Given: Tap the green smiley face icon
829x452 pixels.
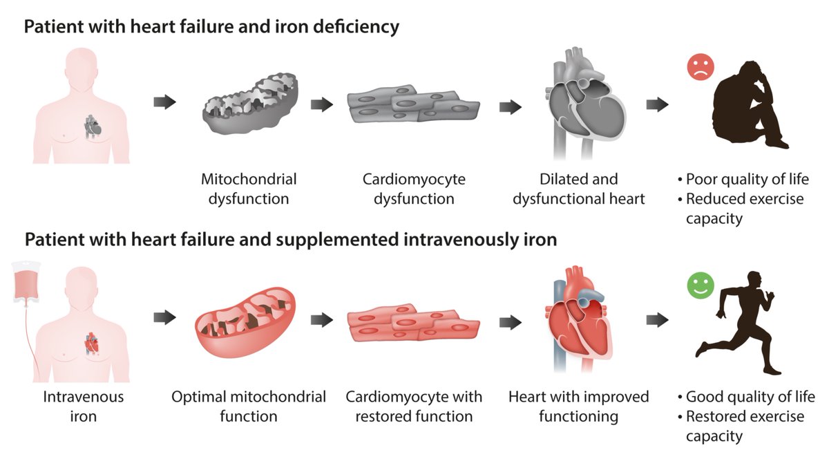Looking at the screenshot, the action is click(x=699, y=287).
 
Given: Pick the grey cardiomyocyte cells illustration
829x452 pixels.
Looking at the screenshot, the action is click(x=412, y=108).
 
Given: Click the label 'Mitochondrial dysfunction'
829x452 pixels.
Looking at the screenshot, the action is click(x=249, y=189).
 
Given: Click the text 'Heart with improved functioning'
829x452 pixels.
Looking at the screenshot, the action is click(x=578, y=407).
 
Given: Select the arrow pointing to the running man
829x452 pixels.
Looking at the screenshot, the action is click(x=657, y=319).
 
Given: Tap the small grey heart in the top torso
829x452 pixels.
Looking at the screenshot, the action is click(x=91, y=126).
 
